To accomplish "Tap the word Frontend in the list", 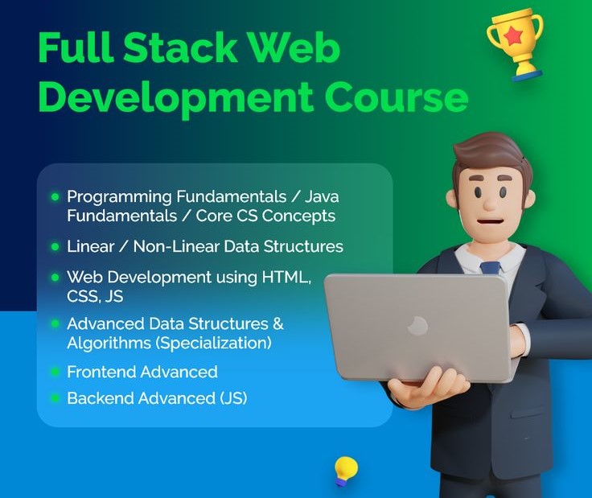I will tap(101, 372).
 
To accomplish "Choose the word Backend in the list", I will tap(100, 398).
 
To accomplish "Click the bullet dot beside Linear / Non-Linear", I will tap(55, 246).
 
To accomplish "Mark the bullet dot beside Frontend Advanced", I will tap(55, 372).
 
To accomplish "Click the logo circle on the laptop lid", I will tap(417, 326).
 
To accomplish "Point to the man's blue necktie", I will tap(490, 268).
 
